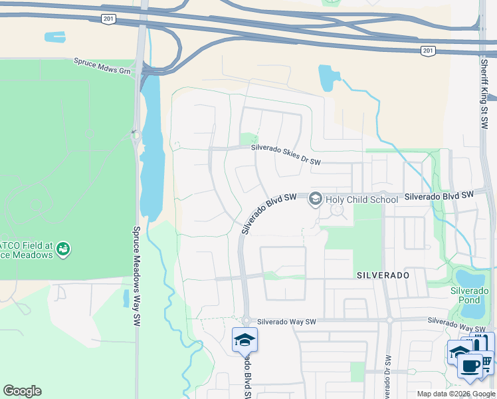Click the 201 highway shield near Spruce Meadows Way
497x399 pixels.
point(108,19)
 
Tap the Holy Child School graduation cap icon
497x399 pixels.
point(315,199)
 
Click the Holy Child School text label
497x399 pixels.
point(361,199)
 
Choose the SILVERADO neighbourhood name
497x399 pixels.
point(382,274)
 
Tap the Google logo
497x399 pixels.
point(22,391)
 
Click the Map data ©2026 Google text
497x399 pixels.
point(456,394)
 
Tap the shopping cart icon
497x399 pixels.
point(486,362)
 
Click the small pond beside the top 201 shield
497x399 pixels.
point(55,37)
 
